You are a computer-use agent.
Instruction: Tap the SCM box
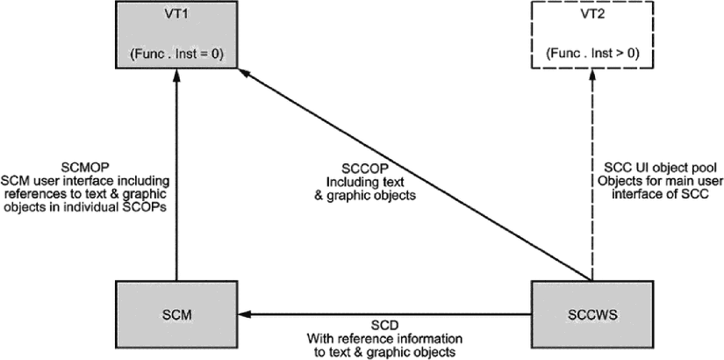(176, 314)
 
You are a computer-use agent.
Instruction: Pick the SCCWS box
(592, 314)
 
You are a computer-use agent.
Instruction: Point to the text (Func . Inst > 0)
(592, 54)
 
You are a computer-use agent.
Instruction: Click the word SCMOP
(83, 165)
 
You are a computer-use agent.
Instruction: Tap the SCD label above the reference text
(384, 323)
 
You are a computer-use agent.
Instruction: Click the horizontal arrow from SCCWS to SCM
(384, 314)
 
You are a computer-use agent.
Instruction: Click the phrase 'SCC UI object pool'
(657, 165)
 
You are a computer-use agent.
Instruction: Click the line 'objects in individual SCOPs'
(84, 207)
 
